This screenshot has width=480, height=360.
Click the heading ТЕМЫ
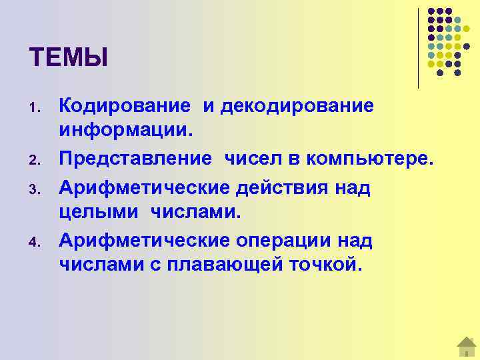[68, 57]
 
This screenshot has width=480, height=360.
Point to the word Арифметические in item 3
[145, 187]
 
